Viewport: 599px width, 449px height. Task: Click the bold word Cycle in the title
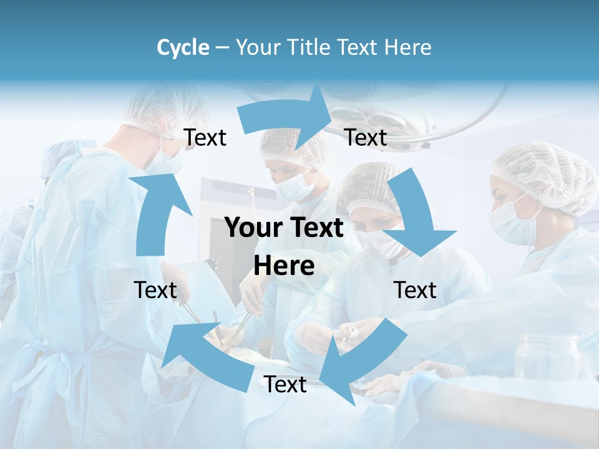[183, 47]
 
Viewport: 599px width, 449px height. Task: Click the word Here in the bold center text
[284, 266]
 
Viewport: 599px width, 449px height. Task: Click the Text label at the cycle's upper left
[205, 138]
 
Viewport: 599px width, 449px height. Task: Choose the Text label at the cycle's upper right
[366, 138]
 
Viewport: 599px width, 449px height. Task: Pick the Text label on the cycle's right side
[415, 290]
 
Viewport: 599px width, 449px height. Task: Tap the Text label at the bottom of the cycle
[285, 385]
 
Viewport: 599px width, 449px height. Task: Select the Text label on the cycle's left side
[155, 290]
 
